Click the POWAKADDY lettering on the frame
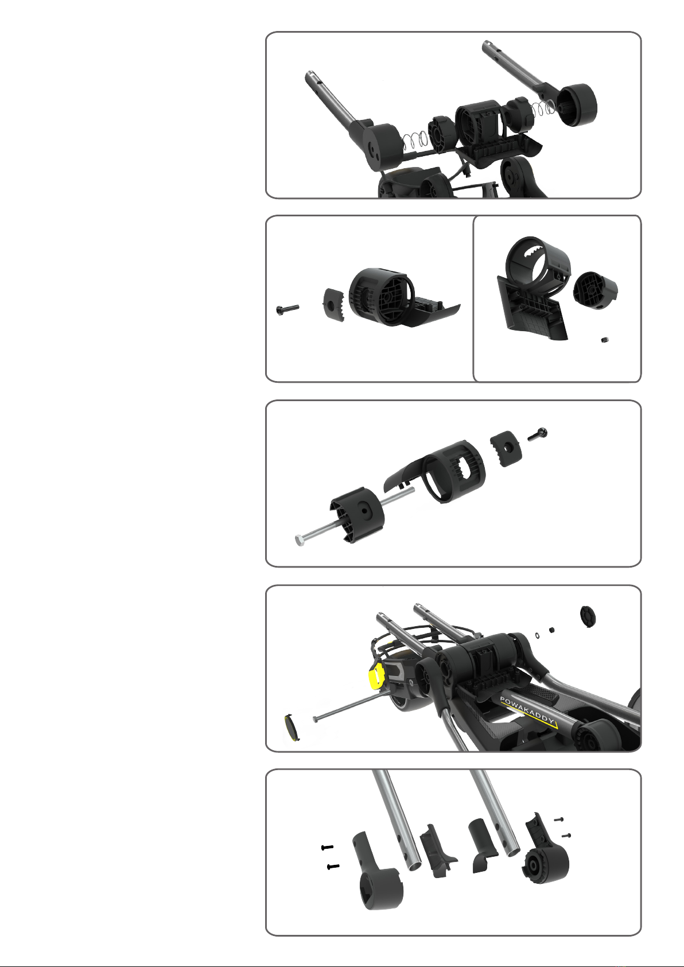(x=527, y=710)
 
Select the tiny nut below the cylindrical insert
(x=605, y=340)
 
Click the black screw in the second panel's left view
(x=287, y=309)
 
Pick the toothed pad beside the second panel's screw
(x=333, y=305)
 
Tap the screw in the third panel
(x=538, y=434)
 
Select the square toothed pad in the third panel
(x=506, y=448)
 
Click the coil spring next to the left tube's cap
(x=415, y=141)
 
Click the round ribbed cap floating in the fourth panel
(x=588, y=616)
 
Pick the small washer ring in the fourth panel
(x=537, y=635)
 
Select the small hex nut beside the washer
(x=551, y=630)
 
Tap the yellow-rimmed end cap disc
(x=292, y=728)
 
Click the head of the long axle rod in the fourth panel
(x=316, y=719)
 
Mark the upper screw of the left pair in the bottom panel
(x=328, y=848)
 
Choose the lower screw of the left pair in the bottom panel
(x=333, y=867)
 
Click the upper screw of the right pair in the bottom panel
(x=559, y=819)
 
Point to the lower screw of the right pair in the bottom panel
(x=566, y=836)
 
